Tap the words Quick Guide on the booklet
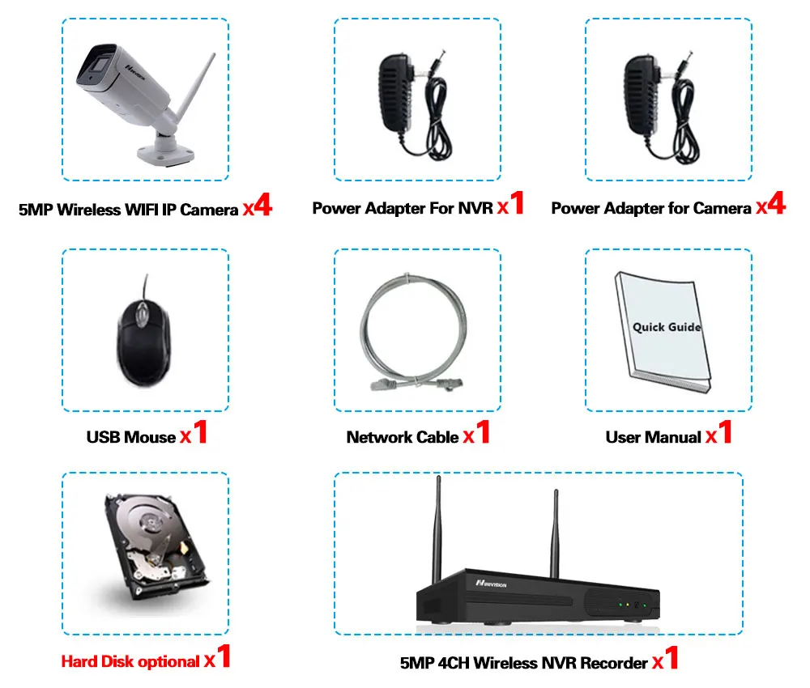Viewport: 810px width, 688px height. click(667, 327)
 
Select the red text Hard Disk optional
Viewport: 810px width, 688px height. click(130, 662)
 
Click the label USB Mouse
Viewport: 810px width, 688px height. click(131, 437)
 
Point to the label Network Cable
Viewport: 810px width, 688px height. click(403, 437)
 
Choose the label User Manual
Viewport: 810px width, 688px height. click(653, 437)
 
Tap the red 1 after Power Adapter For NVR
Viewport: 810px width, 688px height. click(517, 204)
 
